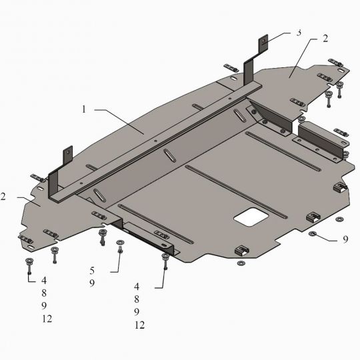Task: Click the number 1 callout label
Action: click(84, 109)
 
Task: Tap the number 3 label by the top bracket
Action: click(299, 33)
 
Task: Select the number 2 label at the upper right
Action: click(325, 39)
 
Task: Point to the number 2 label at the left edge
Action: click(3, 197)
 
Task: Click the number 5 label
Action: click(92, 271)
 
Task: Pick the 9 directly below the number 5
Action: click(92, 283)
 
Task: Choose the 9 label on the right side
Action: click(345, 239)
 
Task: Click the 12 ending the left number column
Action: click(47, 319)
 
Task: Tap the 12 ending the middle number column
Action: click(139, 325)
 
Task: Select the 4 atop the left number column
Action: click(44, 280)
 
